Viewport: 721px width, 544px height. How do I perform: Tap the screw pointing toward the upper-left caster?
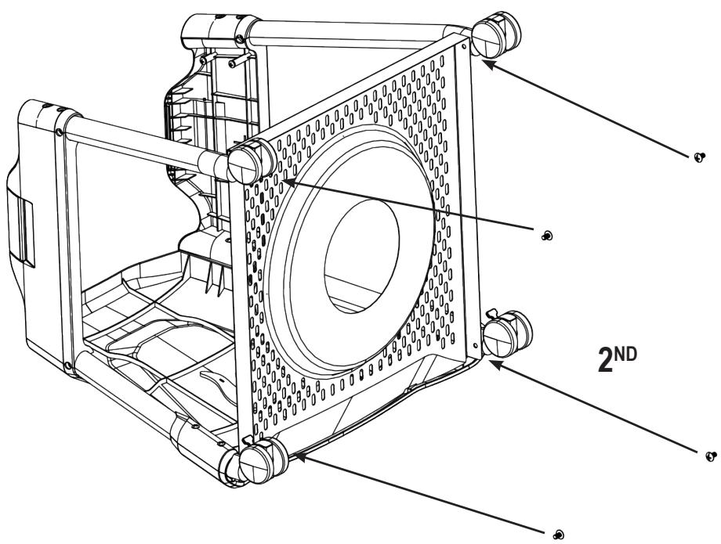tap(547, 235)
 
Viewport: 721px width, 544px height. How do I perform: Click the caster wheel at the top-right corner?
tap(495, 35)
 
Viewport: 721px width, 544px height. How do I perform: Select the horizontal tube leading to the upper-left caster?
tap(141, 141)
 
